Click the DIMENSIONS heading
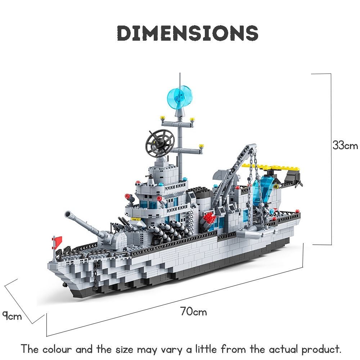click(188, 33)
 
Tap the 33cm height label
click(345, 145)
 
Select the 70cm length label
click(193, 311)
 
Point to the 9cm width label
click(12, 316)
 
